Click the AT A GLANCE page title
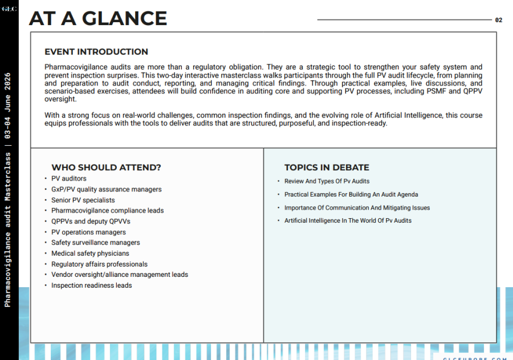point(97,18)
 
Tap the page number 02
point(499,20)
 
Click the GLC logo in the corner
point(9,9)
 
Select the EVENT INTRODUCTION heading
point(96,52)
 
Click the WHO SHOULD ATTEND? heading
point(106,167)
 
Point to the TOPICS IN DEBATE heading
point(327,167)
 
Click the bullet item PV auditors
point(69,179)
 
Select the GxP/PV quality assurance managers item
point(106,189)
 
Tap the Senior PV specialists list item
point(83,200)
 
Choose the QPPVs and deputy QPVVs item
point(91,222)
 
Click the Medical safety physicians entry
point(90,253)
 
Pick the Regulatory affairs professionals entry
point(99,264)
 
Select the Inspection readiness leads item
point(91,285)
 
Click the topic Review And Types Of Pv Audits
point(327,181)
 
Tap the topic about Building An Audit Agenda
point(351,195)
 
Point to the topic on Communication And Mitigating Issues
point(357,208)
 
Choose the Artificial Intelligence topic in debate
point(348,220)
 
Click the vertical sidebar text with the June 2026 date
point(8,188)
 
